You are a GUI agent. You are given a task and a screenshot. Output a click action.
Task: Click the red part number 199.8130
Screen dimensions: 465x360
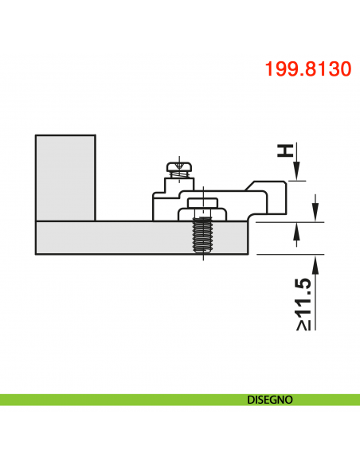tap(307, 69)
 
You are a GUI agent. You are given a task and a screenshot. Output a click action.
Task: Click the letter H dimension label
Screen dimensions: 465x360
tap(284, 150)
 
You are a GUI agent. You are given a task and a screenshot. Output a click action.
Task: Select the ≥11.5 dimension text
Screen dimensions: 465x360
tap(303, 306)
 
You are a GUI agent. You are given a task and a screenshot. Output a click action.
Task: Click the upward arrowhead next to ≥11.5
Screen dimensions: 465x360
tap(318, 264)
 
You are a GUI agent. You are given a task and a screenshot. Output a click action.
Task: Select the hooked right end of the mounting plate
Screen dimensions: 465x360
tap(271, 199)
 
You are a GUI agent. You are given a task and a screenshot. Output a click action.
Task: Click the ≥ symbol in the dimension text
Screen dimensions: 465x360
tap(303, 324)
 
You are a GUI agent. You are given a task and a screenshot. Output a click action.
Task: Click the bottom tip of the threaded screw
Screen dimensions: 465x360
tap(204, 251)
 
